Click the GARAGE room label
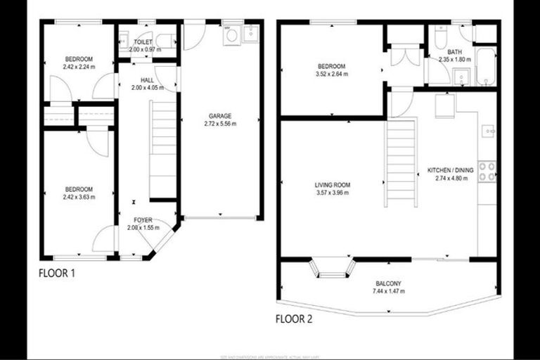[219, 115]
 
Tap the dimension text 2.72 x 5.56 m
[219, 124]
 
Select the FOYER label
[144, 220]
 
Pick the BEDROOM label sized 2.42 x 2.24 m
[79, 59]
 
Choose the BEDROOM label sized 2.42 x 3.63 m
[79, 188]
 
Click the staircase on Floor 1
[163, 148]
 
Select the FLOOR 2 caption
[294, 319]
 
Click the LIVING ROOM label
[332, 186]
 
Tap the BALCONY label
[388, 284]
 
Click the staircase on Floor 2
[399, 162]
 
